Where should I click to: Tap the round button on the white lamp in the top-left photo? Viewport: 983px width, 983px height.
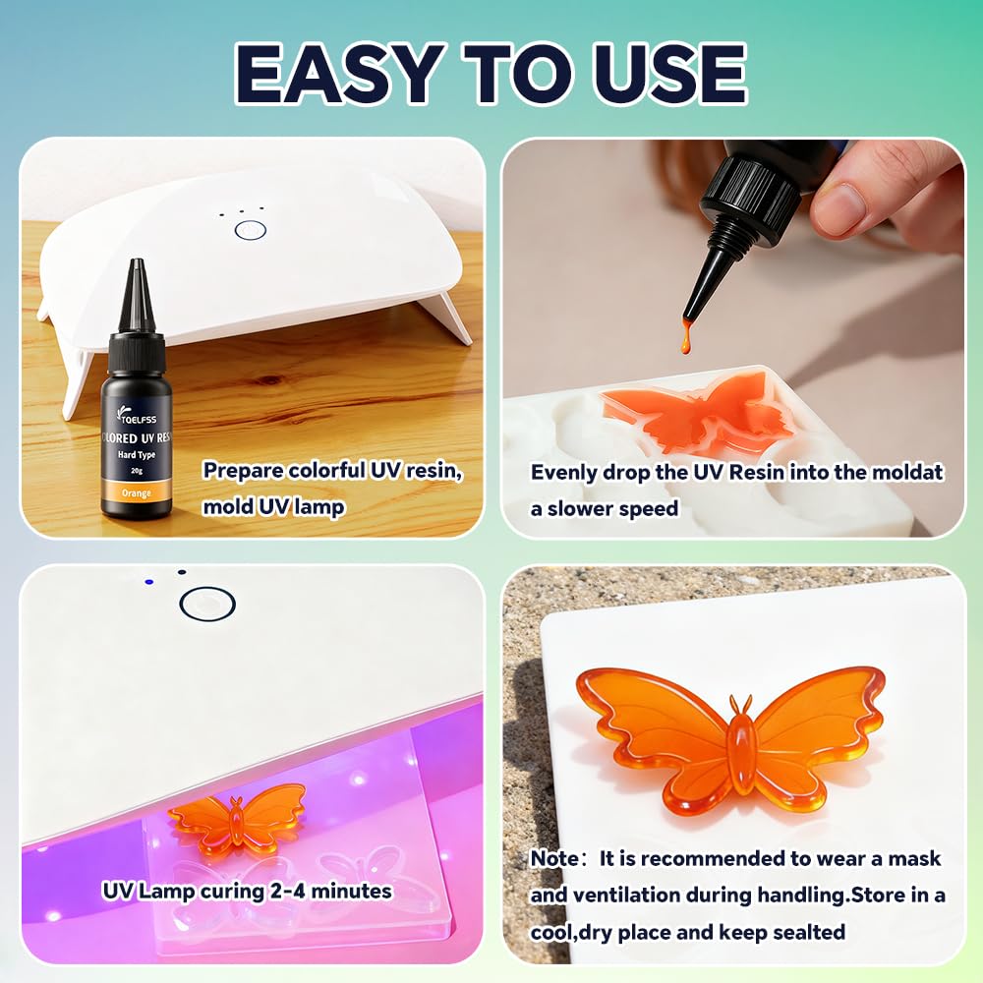251,230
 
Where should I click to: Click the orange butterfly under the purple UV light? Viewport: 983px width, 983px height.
237,818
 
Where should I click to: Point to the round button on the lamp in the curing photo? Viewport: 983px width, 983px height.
206,603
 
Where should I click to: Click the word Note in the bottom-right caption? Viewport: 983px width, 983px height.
554,858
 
